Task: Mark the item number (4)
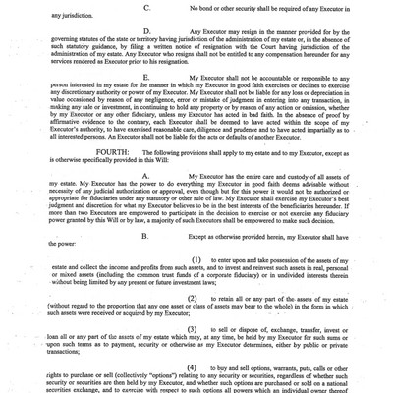pyautogui.click(x=196, y=389)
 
